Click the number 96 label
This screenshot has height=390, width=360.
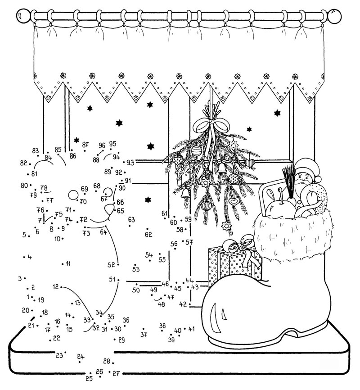click(x=102, y=145)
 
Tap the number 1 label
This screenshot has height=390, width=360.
click(x=28, y=297)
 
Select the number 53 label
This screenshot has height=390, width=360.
click(x=136, y=269)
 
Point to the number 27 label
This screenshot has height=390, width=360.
click(x=116, y=373)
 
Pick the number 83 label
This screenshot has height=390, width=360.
click(x=35, y=151)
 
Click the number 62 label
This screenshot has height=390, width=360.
click(x=148, y=234)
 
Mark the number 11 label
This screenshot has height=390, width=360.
click(x=68, y=263)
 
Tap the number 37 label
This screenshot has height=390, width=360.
click(x=144, y=335)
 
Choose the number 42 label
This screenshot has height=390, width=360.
click(x=183, y=304)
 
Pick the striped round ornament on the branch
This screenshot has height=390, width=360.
click(x=196, y=151)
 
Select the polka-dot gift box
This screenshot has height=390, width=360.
click(x=234, y=266)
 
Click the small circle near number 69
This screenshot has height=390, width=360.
click(x=73, y=195)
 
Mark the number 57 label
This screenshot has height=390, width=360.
click(x=189, y=242)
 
